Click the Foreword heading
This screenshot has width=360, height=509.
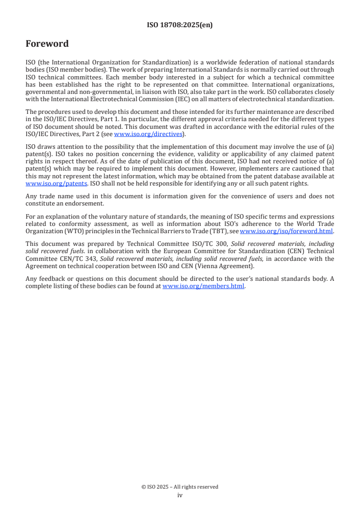tap(47, 44)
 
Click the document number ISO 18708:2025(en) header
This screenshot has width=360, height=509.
tap(180, 25)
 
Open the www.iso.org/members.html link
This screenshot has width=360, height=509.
tap(203, 286)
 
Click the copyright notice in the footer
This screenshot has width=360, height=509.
tap(180, 487)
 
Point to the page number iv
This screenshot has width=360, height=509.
tap(180, 495)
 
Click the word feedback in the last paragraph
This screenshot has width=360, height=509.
tap(49, 279)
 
